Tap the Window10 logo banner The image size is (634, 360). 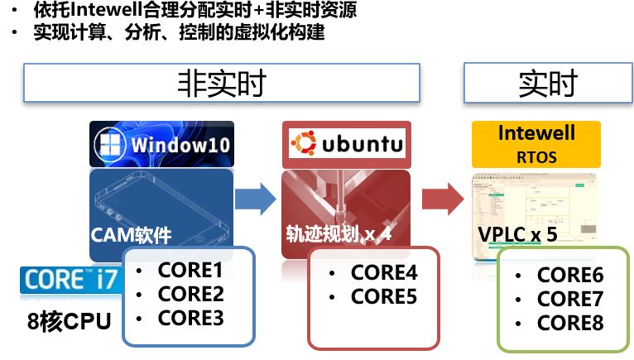[161, 145]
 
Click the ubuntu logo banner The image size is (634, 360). [345, 145]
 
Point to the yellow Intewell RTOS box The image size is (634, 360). [536, 143]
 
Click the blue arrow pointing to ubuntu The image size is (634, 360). [255, 199]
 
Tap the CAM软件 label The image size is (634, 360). [131, 236]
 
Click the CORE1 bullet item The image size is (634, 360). [190, 270]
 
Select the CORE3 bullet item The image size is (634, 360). [190, 316]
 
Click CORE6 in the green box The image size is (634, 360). [569, 276]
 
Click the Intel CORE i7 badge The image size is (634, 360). [71, 279]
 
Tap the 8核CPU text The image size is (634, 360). [69, 321]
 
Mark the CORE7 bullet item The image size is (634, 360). [569, 299]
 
